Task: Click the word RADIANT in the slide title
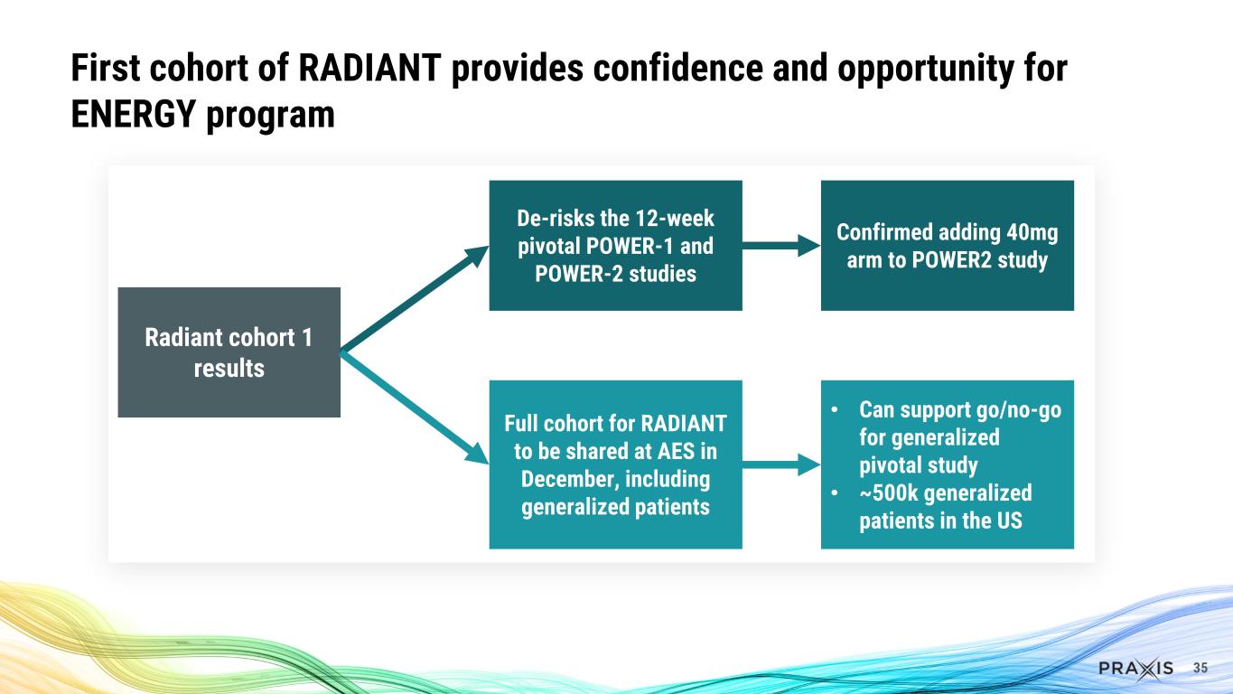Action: (369, 68)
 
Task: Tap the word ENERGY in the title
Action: (134, 114)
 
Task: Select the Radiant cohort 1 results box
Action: (229, 352)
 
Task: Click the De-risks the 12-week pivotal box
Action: (615, 245)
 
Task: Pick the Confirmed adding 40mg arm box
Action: (948, 245)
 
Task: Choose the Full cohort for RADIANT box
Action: (615, 464)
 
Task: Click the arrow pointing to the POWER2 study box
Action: (781, 245)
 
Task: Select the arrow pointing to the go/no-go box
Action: (781, 464)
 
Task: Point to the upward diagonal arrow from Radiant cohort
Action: (415, 299)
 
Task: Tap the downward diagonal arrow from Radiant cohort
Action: (415, 408)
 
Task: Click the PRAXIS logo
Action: (1135, 669)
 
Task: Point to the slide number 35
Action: (1200, 668)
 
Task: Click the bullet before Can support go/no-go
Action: (835, 409)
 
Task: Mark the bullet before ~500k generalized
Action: (835, 493)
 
